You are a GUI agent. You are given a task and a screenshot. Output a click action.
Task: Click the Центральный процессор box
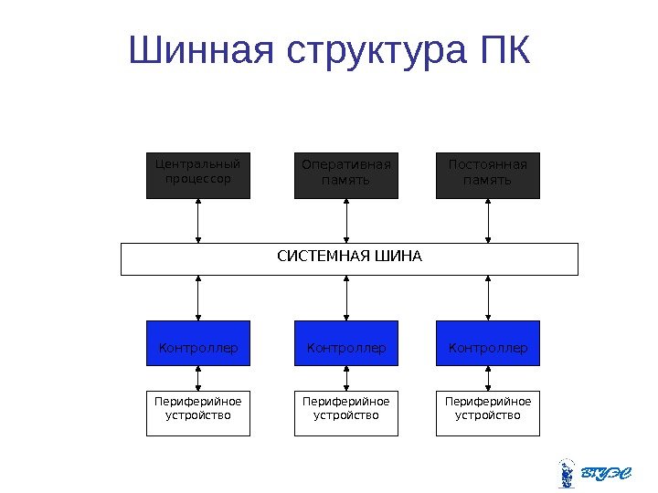[198, 175]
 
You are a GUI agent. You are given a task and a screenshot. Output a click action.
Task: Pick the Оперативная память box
[346, 175]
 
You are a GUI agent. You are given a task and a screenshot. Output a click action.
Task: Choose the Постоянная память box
[488, 175]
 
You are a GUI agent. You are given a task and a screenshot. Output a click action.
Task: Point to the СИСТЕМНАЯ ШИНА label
[350, 256]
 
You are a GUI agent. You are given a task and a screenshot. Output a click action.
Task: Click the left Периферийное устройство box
[198, 413]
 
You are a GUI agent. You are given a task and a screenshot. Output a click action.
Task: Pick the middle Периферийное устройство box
[346, 413]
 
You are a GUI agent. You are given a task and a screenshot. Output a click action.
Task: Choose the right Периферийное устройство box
[488, 413]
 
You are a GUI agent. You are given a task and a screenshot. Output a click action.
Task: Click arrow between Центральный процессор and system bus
[198, 221]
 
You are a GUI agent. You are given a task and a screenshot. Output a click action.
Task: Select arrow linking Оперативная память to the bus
[346, 221]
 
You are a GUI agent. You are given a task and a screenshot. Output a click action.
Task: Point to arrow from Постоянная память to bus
[488, 221]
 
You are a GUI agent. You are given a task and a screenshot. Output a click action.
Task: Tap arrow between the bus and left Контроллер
[198, 298]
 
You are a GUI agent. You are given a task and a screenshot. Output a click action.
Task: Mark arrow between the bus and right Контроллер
[488, 298]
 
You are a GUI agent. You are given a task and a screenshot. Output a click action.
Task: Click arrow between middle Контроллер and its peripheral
[346, 379]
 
